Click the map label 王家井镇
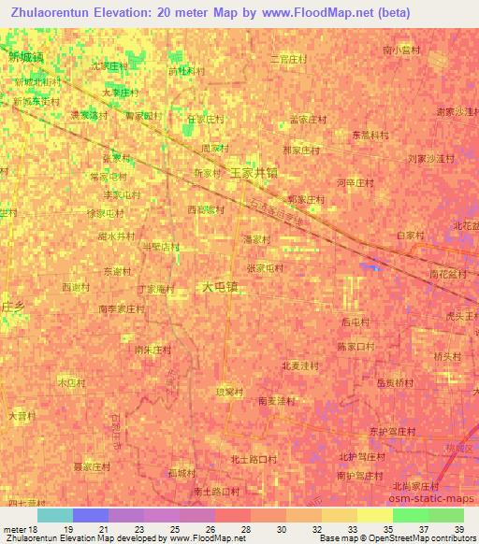253,173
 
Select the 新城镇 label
25,57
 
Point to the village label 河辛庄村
355,183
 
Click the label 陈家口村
355,346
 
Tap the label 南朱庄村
152,350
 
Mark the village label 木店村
72,383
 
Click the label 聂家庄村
92,465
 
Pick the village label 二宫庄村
287,59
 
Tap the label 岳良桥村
394,382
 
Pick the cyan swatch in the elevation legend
54,515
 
